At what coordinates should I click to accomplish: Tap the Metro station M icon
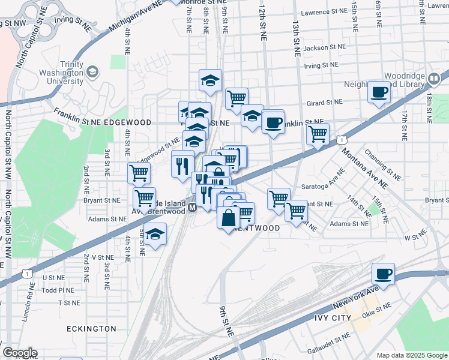[x=192, y=208]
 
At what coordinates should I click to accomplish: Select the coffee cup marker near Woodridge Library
[x=379, y=92]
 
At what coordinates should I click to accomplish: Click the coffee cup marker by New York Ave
[x=383, y=274]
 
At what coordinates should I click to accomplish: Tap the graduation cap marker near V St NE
[x=155, y=235]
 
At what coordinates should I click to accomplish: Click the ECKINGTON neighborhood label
[x=91, y=329]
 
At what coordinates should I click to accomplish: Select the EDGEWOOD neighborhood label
[x=128, y=122]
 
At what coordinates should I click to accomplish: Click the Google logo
[x=20, y=353]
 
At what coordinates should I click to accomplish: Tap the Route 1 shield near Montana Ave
[x=342, y=140]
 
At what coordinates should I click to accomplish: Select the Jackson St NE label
[x=325, y=47]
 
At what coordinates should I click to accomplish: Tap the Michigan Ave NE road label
[x=136, y=17]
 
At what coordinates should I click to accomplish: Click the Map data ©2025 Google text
[x=411, y=355]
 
